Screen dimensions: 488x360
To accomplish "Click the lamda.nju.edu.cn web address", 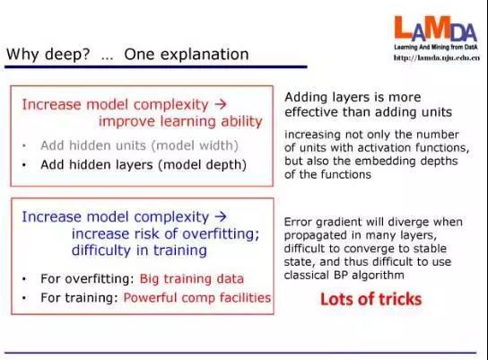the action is coord(436,57).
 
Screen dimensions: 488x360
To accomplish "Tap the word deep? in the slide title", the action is coord(67,55).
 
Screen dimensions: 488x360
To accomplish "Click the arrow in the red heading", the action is coord(221,104).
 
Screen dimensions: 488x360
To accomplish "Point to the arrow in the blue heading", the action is coord(221,216).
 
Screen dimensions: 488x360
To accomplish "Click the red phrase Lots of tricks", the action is coord(371,299).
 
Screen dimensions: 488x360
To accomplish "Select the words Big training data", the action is coord(192,278).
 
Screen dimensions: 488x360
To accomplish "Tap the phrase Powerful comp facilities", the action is coord(197,298).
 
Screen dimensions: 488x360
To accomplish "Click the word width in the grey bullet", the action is coord(221,145).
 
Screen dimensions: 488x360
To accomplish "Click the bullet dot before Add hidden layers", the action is coord(24,165).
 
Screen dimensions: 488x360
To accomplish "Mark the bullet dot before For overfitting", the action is coord(24,279).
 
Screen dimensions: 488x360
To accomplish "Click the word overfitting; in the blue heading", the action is coord(221,233).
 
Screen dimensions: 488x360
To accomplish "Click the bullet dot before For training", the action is coord(24,298).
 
